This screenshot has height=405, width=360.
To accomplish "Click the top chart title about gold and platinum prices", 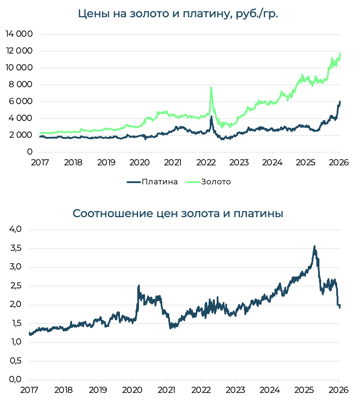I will pyautogui.click(x=178, y=13).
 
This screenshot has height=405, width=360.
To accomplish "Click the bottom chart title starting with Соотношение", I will pyautogui.click(x=178, y=213).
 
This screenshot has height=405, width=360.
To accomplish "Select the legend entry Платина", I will pyautogui.click(x=159, y=182).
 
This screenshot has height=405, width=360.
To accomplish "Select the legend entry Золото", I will pyautogui.click(x=216, y=182).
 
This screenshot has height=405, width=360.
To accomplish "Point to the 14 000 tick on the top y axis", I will pyautogui.click(x=19, y=34).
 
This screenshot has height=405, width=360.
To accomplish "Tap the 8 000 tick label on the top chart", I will pyautogui.click(x=21, y=85).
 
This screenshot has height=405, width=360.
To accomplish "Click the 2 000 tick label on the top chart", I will pyautogui.click(x=21, y=135).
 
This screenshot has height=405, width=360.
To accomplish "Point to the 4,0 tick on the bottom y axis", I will pyautogui.click(x=16, y=229).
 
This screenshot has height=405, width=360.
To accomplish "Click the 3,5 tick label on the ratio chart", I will pyautogui.click(x=16, y=248).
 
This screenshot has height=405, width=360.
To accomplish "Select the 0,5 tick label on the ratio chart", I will pyautogui.click(x=16, y=361).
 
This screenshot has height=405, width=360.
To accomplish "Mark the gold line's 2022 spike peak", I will pyautogui.click(x=211, y=88).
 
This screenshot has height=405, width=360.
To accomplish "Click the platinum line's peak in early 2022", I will pyautogui.click(x=211, y=116).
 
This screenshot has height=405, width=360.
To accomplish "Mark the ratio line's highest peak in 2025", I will pyautogui.click(x=314, y=247).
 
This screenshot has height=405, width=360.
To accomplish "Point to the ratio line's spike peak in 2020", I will pyautogui.click(x=139, y=286).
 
